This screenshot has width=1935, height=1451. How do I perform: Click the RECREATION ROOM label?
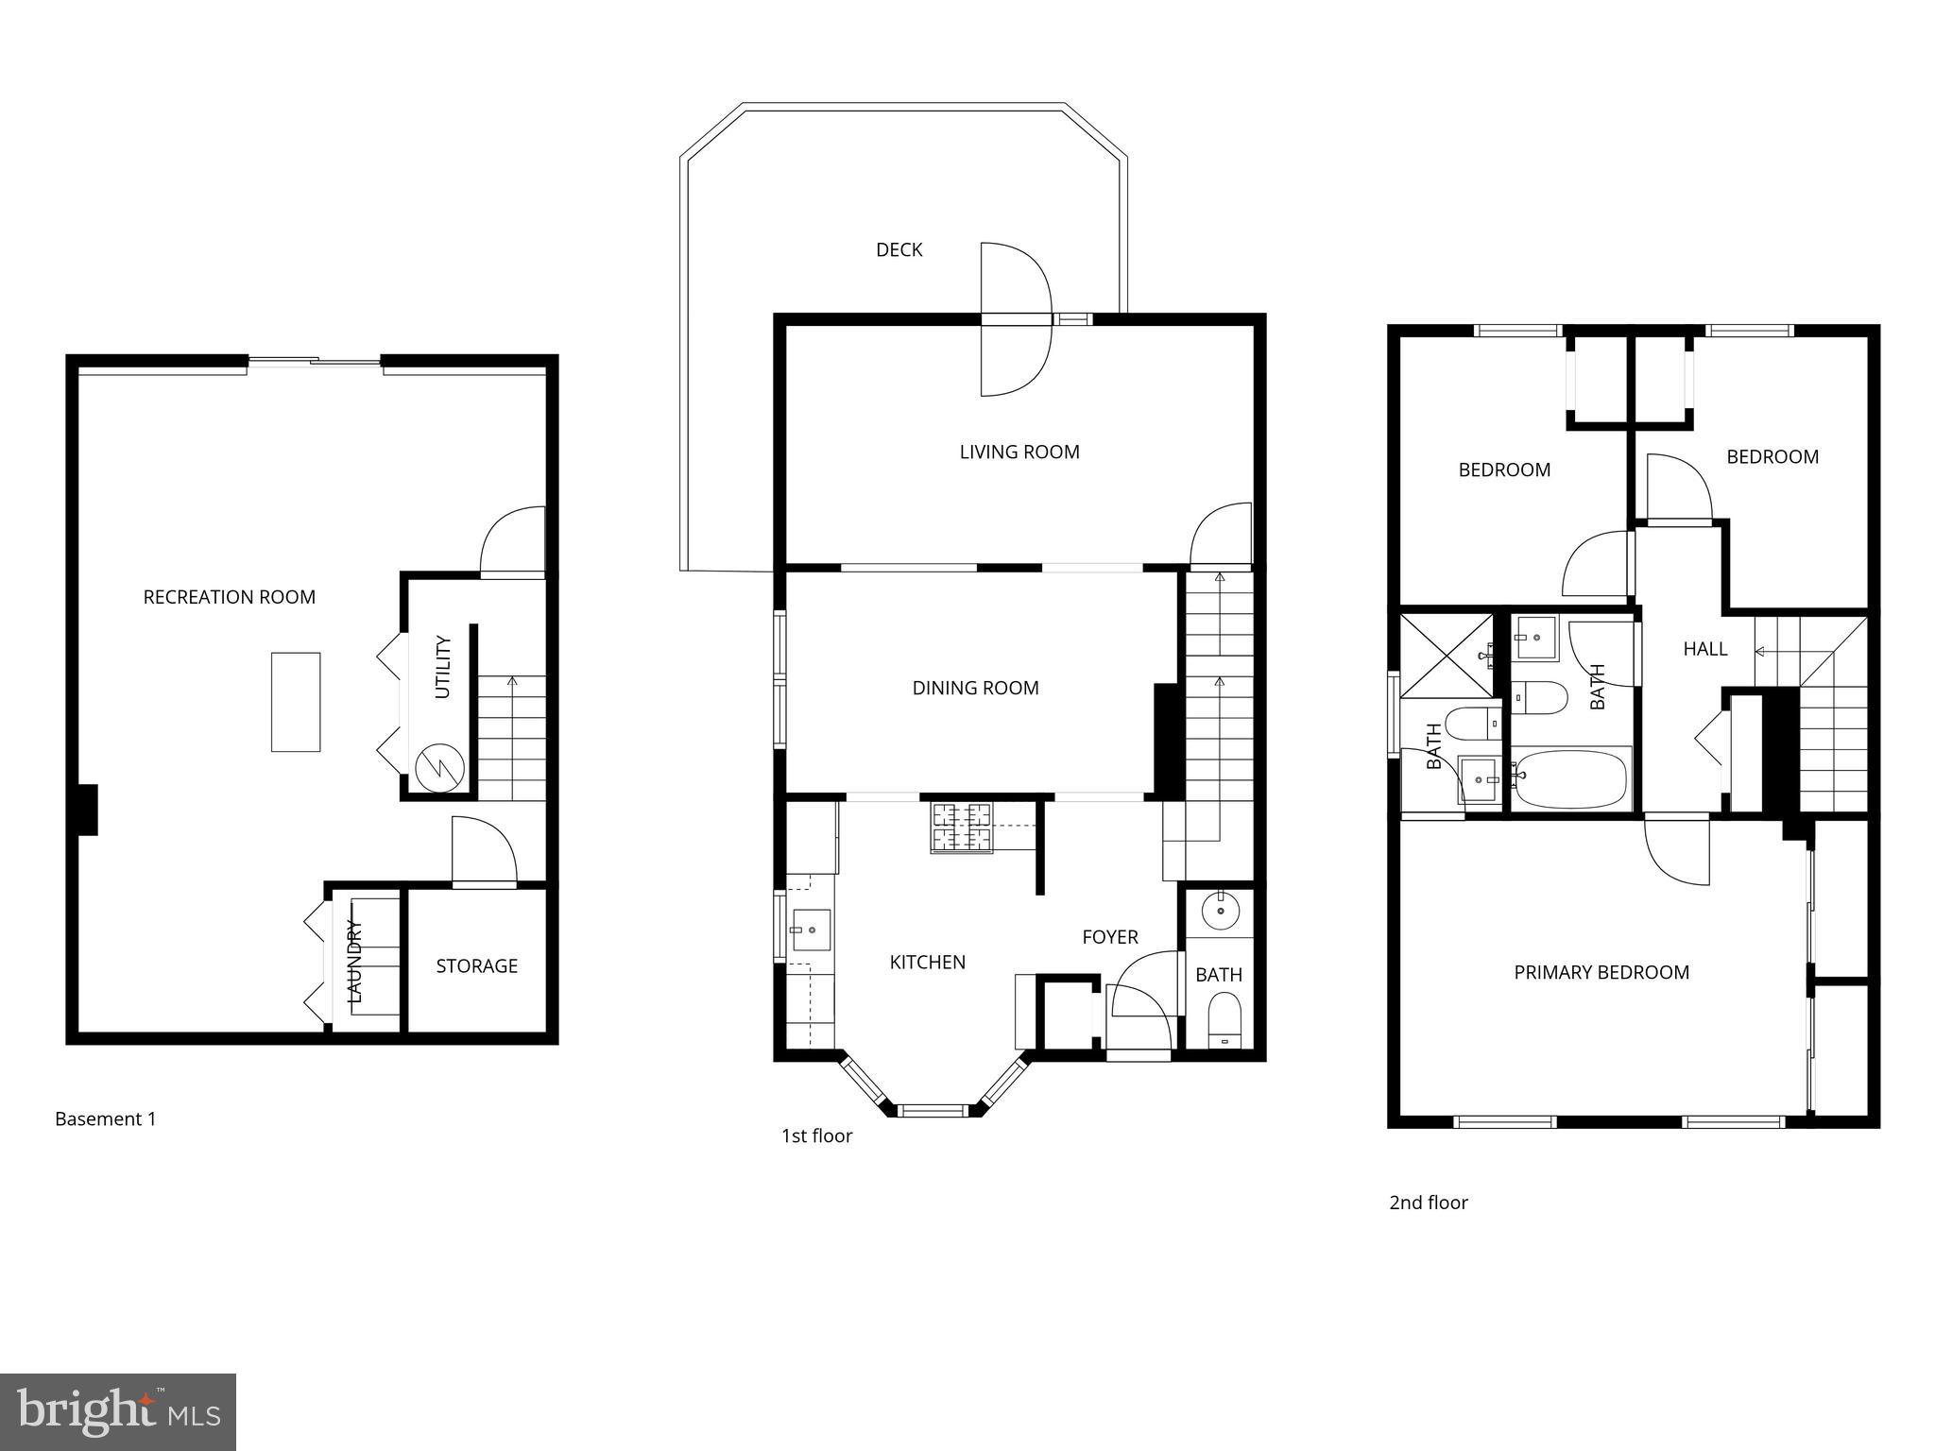[x=229, y=597]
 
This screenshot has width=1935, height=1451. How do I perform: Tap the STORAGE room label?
[x=476, y=965]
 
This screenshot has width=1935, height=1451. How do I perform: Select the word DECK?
[x=899, y=249]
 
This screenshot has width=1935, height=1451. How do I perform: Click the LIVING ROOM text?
[x=1019, y=452]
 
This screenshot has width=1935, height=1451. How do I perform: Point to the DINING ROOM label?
[x=975, y=688]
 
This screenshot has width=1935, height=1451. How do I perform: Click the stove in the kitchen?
[x=962, y=827]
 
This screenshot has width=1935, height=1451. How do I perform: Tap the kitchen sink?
[x=810, y=930]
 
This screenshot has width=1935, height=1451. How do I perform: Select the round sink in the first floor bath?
[x=1221, y=910]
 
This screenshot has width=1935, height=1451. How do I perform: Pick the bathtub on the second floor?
[x=1570, y=779]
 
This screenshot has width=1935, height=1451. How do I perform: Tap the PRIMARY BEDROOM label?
[x=1601, y=972]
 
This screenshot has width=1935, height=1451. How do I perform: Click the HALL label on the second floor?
[x=1704, y=649]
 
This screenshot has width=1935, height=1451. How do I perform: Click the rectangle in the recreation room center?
[x=296, y=702]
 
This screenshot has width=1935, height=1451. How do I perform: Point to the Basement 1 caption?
[x=105, y=1118]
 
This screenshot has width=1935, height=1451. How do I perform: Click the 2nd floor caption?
[x=1428, y=1203]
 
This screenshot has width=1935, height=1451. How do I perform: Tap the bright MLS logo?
[x=118, y=1412]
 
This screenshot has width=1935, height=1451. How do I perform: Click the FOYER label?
[x=1109, y=936]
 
